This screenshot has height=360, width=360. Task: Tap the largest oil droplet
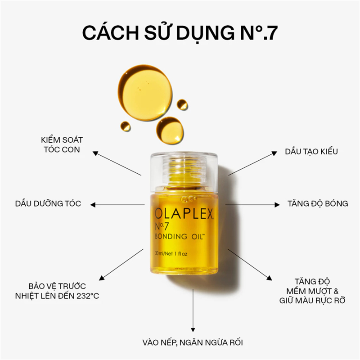point(145,93)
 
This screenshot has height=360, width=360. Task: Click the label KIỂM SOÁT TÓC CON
point(62,144)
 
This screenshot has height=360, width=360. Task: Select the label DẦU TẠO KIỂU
point(311,152)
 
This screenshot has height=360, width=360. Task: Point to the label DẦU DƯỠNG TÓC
point(48,203)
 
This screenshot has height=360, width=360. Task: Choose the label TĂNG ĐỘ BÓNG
point(318,203)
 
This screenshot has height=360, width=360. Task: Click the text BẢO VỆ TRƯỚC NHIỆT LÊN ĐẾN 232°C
point(57,291)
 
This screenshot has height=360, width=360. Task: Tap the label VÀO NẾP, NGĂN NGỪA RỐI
point(193,342)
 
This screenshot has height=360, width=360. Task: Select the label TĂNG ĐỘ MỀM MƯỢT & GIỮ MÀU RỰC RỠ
point(312,291)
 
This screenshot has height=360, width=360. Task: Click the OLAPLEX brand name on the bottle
point(184,214)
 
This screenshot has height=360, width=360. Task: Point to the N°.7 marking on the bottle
point(162,226)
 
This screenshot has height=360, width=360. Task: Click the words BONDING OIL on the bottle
point(180,236)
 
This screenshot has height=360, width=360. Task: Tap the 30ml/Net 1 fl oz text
point(171,254)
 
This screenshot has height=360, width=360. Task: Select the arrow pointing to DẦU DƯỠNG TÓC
point(117,205)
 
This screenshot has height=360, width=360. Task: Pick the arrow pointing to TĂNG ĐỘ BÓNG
point(252,205)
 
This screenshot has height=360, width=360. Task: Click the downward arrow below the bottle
point(193,310)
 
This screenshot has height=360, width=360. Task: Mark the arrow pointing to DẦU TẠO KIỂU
point(253,163)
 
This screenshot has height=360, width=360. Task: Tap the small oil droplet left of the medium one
point(126,126)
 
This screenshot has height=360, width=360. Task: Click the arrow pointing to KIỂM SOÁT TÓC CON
point(117,163)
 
